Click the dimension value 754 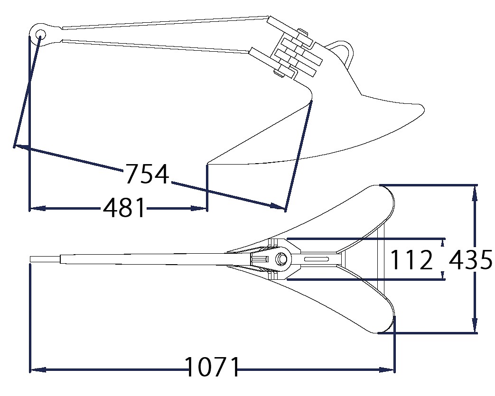point(147,174)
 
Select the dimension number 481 point(124,208)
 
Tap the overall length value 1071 point(212,367)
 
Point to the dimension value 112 point(411,259)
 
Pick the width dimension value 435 point(470,259)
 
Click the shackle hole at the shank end point(40,34)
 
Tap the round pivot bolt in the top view point(281,259)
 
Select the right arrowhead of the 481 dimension point(199,208)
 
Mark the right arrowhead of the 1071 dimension point(387,369)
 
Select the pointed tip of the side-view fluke point(208,164)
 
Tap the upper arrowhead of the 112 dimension point(443,242)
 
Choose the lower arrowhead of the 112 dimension point(443,276)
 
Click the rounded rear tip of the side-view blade point(422,109)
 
